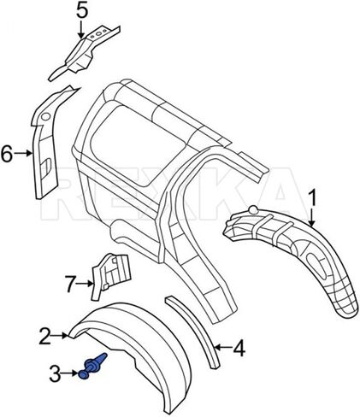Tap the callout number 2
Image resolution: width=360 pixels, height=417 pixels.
coord(45,336)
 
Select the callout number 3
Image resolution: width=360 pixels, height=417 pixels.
coord(55,373)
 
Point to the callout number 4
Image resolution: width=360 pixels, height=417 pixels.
coord(239,347)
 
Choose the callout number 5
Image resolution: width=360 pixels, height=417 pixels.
coord(82,11)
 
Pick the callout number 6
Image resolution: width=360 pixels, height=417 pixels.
coord(7,153)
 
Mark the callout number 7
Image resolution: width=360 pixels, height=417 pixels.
coord(70,284)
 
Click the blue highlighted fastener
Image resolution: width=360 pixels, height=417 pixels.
coord(91,367)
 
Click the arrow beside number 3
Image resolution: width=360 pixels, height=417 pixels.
coord(70,373)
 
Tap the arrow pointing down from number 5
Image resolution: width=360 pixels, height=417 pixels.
coord(81,30)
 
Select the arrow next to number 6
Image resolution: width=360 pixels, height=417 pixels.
coord(23,153)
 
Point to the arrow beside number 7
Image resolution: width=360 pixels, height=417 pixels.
coord(86,284)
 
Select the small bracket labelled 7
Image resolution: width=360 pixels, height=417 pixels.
coord(110,274)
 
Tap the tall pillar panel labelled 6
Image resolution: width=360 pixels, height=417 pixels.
coord(45,148)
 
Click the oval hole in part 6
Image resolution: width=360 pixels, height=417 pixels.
coord(45,117)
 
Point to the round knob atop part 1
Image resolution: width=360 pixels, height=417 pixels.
coord(253,209)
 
